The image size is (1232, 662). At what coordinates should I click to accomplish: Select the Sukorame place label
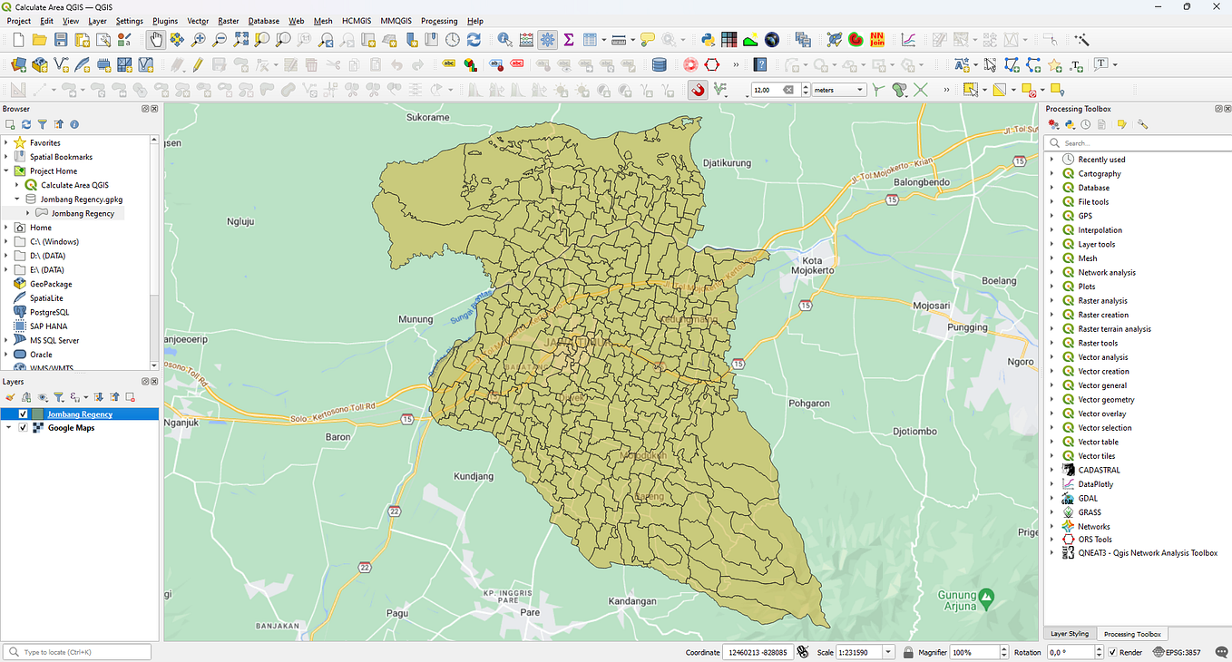tap(427, 117)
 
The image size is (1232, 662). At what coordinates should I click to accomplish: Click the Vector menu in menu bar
tap(198, 21)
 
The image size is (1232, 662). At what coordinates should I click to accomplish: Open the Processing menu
tap(439, 21)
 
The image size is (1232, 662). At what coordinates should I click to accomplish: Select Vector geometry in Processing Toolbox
tap(1106, 399)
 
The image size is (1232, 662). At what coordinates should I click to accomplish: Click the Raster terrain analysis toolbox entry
tap(1114, 329)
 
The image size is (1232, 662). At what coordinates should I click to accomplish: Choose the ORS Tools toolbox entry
tap(1095, 540)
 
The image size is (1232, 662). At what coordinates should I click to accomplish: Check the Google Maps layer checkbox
tap(23, 428)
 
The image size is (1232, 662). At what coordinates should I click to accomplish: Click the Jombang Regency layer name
tap(80, 414)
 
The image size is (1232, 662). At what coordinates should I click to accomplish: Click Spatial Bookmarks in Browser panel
tap(61, 157)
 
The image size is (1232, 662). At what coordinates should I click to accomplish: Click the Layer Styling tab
tap(1069, 634)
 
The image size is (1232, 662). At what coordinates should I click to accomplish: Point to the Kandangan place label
tap(631, 601)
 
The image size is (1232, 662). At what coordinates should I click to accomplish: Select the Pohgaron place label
tap(809, 403)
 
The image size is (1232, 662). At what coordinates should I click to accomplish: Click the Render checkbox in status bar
tap(1113, 652)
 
